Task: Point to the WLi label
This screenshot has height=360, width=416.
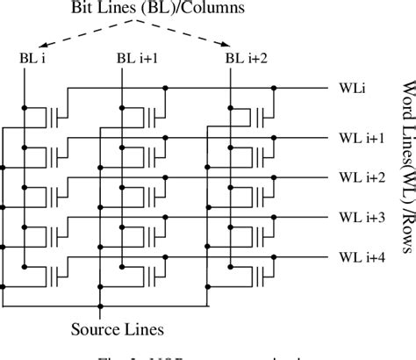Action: point(350,88)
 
